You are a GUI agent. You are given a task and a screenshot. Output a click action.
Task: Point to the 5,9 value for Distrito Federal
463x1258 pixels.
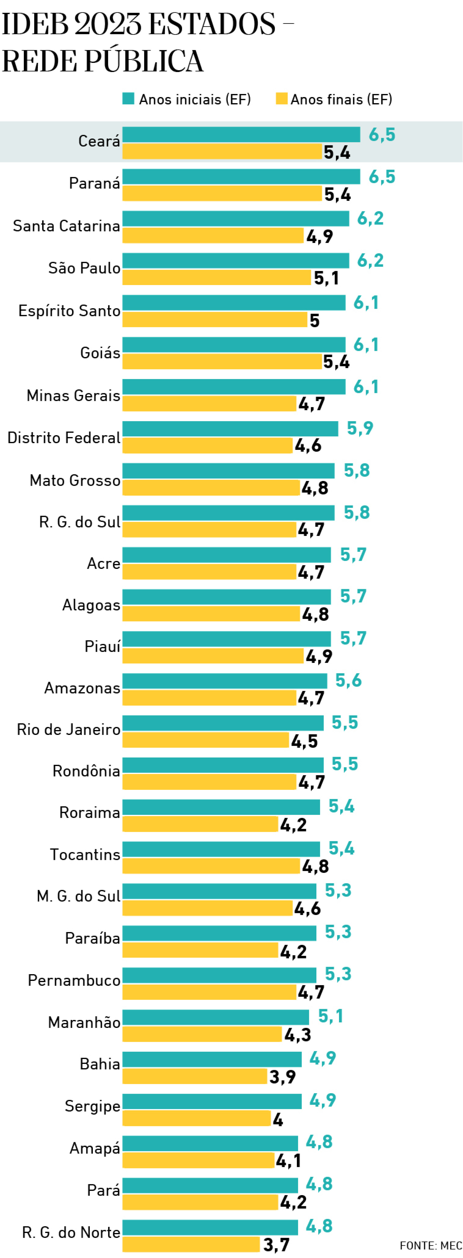360,428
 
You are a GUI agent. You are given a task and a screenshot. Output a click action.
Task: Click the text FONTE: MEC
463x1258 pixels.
430,1245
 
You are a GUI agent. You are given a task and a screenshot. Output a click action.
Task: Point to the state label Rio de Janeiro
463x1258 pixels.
68,730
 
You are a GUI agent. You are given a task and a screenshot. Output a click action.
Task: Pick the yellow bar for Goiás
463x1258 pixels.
222,361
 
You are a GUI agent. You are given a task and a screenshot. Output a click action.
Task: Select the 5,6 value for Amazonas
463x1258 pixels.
348,680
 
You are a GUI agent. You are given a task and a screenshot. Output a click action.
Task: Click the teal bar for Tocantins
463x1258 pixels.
221,849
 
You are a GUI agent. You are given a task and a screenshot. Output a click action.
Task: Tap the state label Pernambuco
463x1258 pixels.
74,981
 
